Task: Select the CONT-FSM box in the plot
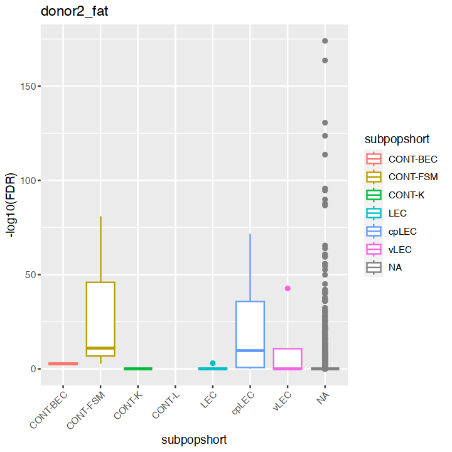[x=100, y=319]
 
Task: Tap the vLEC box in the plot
[x=288, y=358]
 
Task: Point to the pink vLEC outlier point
[x=288, y=288]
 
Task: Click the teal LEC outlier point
[x=213, y=363]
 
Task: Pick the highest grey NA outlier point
[x=325, y=41]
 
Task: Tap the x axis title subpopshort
[x=194, y=440]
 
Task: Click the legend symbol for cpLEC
[x=375, y=231]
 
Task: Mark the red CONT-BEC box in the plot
[x=63, y=364]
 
